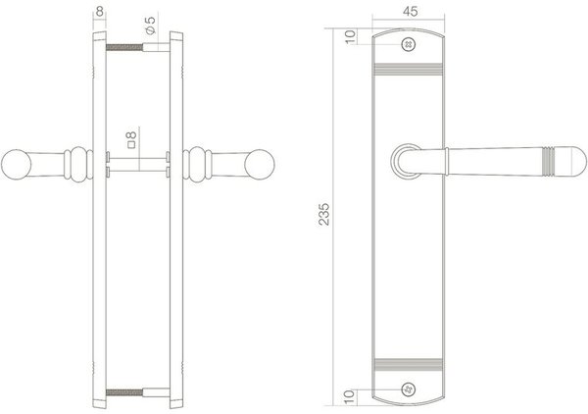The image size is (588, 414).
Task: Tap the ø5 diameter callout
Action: click(x=149, y=21)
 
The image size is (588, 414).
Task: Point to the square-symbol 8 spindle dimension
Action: click(x=127, y=140)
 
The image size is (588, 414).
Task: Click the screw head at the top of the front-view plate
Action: click(x=408, y=41)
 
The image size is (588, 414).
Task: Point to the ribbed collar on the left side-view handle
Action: click(x=75, y=164)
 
